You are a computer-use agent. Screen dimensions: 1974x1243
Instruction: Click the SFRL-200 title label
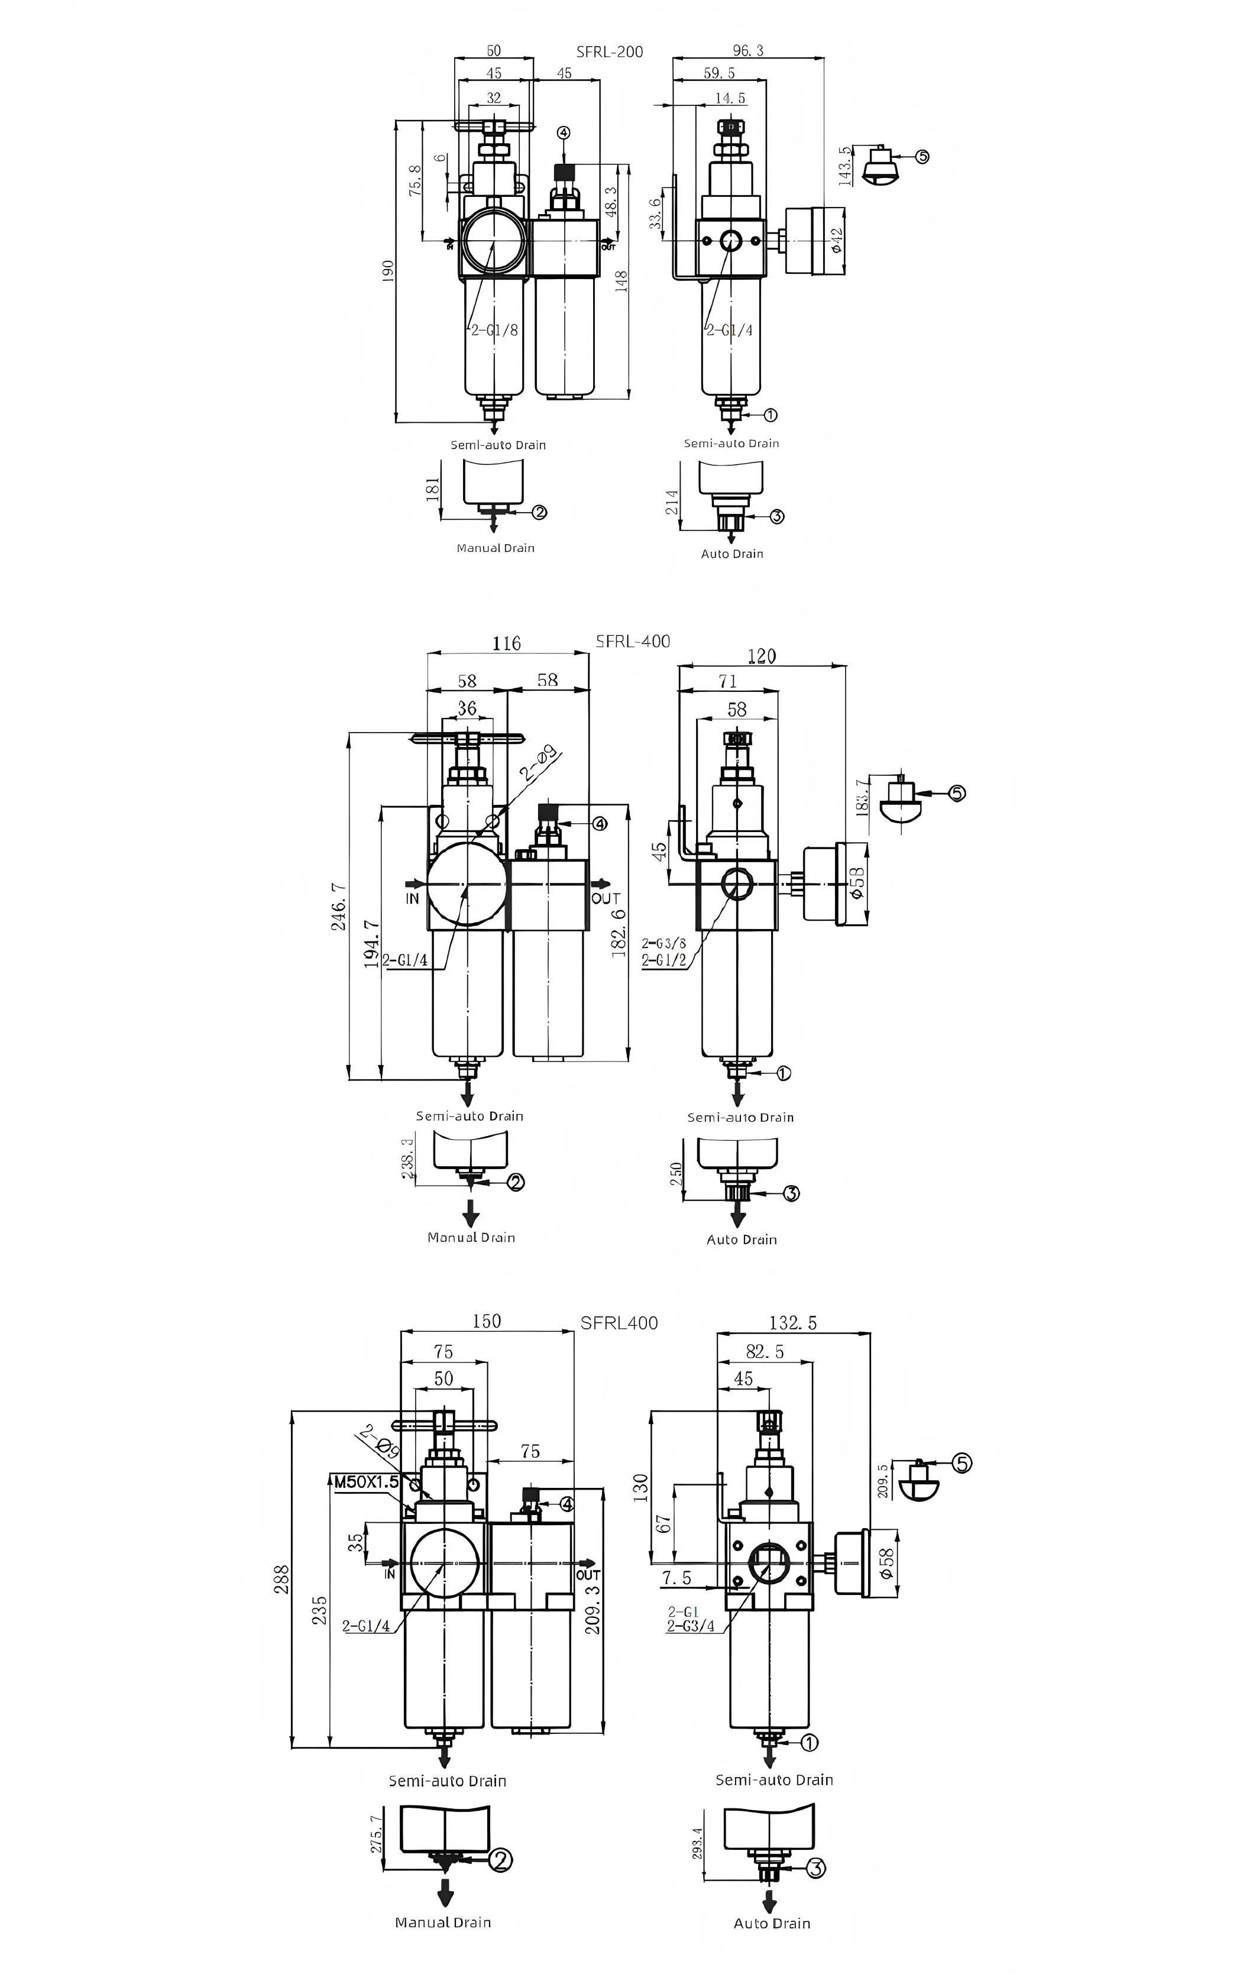609,51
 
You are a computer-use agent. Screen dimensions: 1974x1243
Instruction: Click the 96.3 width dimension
748,51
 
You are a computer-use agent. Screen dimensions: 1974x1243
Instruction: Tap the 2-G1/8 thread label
494,331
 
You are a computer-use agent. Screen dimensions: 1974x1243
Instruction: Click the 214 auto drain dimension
672,501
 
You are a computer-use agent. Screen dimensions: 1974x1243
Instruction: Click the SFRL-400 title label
632,641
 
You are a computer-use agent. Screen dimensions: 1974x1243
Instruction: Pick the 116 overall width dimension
507,643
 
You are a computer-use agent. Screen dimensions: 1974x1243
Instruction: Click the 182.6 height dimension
619,932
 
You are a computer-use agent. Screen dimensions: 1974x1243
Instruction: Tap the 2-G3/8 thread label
664,944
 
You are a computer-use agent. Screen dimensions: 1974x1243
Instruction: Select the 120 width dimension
762,655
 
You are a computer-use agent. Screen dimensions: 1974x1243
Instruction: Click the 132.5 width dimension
793,1322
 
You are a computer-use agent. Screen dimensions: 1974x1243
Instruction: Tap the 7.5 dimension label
676,1577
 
